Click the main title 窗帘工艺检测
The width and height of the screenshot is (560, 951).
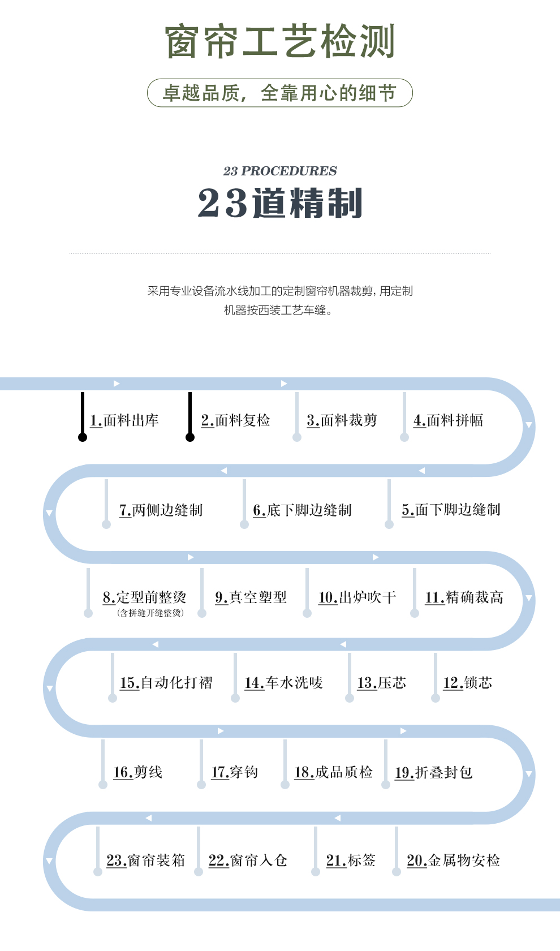(280, 41)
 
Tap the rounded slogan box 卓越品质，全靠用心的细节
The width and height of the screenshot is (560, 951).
(280, 93)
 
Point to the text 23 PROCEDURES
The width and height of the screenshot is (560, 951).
(280, 171)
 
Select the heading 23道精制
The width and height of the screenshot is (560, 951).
(280, 203)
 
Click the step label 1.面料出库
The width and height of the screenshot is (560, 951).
(124, 420)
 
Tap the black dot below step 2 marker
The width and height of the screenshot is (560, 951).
(190, 437)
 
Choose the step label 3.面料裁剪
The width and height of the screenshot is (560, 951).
(342, 420)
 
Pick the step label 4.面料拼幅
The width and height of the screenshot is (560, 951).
(449, 420)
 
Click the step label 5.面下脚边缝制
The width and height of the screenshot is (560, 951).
(451, 510)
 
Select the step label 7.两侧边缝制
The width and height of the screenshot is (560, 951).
(161, 510)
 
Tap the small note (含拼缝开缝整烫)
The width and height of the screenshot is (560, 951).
(150, 613)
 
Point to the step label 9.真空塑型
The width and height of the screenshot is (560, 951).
(251, 597)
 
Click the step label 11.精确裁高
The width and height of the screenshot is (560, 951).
(464, 597)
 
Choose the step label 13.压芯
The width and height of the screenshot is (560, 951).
(381, 683)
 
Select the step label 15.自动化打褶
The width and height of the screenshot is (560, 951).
(166, 683)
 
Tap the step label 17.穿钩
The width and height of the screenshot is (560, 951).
(234, 772)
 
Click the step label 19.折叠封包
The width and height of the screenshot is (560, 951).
(433, 772)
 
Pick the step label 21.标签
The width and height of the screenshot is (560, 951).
(351, 860)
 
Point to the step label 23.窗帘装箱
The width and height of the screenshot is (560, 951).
(145, 860)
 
